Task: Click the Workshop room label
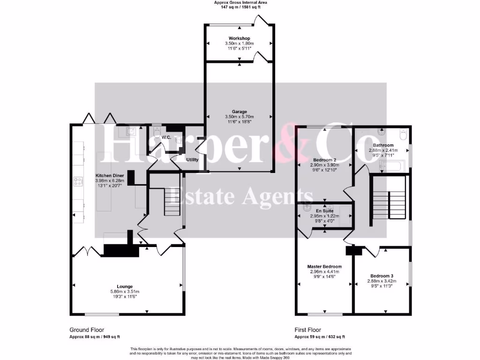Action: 239,38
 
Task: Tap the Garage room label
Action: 239,112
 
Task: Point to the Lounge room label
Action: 125,286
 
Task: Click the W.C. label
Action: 166,137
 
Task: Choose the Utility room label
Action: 192,160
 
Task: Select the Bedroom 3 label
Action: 382,276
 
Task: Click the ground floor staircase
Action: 172,202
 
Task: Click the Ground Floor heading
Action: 87,330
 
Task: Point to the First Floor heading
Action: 307,330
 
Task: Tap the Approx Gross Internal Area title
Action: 240,2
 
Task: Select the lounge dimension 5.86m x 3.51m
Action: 125,292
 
